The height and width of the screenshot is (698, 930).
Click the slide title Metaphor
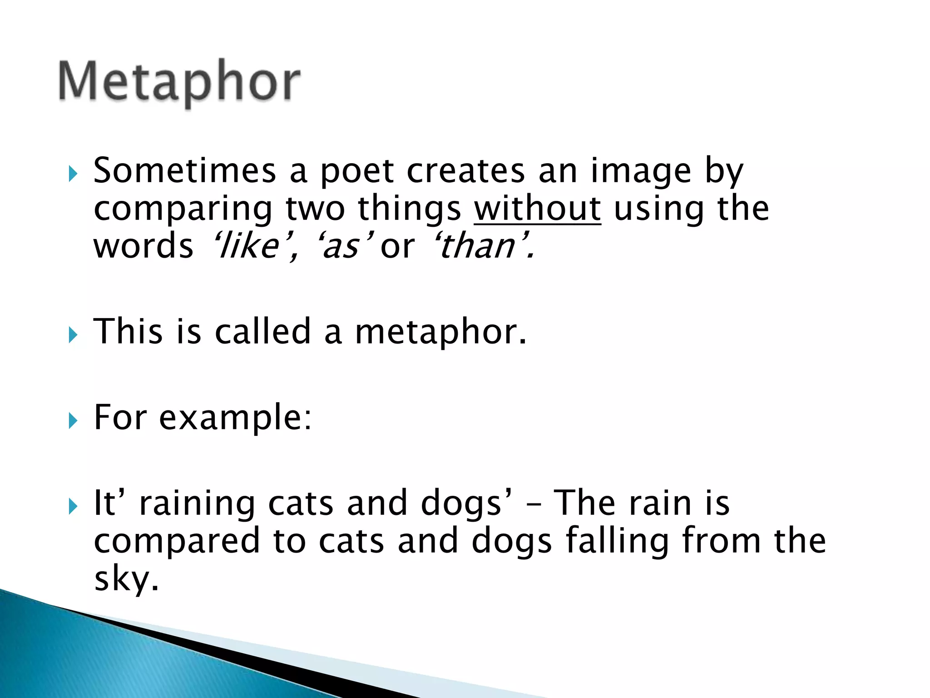(x=179, y=82)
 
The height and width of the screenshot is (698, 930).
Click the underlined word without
(x=537, y=209)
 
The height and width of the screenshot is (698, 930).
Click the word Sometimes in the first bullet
(x=184, y=171)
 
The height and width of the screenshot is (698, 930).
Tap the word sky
(x=126, y=580)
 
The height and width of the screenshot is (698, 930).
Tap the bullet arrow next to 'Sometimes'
(x=73, y=174)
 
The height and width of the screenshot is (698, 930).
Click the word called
(x=262, y=332)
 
